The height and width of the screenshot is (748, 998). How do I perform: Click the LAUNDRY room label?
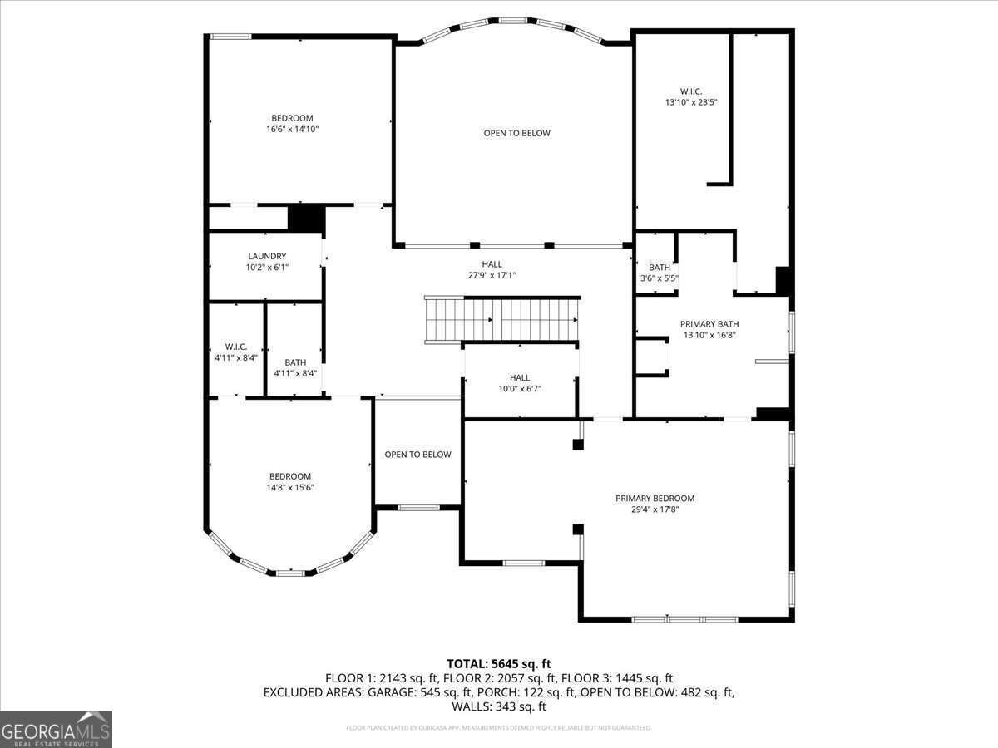tap(266, 256)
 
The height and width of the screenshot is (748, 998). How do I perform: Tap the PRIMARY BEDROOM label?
tap(655, 499)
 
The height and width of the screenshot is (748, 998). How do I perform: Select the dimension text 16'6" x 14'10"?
tap(293, 130)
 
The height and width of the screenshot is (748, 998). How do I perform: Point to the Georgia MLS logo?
tap(56, 729)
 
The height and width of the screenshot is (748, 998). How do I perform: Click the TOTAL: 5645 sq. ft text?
tap(498, 663)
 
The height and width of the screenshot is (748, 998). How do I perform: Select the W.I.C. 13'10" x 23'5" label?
tap(690, 96)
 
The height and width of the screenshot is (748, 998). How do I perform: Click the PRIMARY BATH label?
tap(709, 324)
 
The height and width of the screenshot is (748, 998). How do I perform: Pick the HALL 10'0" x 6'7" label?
tap(519, 382)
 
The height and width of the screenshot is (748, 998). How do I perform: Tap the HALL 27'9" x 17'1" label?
tap(492, 269)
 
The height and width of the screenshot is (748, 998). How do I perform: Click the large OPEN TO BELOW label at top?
tap(516, 133)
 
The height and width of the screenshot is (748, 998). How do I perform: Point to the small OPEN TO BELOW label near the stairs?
tap(417, 455)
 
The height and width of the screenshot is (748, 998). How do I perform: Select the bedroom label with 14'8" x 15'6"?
tap(289, 482)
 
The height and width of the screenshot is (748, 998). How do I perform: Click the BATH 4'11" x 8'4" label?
tap(295, 367)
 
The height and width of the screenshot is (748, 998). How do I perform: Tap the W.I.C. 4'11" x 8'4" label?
tap(236, 352)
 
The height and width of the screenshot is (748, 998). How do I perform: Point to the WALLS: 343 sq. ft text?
tap(498, 706)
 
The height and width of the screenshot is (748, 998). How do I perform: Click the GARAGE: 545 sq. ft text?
tap(427, 692)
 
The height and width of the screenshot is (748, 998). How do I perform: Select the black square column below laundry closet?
tap(305, 218)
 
